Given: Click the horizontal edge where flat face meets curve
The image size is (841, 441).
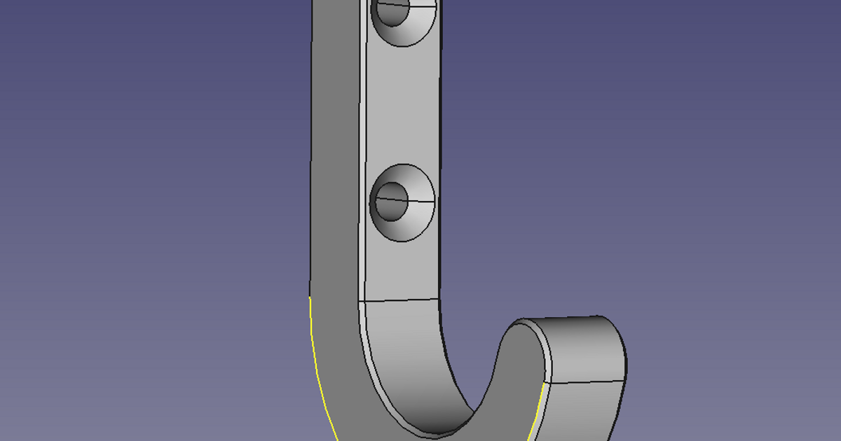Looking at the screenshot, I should (x=399, y=300).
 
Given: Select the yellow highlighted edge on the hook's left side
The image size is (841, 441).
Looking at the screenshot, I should (x=315, y=357).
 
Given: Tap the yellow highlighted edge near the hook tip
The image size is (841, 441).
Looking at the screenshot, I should (x=540, y=409).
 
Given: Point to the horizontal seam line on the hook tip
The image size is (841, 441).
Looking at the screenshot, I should (x=585, y=382).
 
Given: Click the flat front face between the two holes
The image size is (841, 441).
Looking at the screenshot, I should (x=403, y=112).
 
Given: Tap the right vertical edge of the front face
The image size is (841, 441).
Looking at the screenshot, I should (x=439, y=140).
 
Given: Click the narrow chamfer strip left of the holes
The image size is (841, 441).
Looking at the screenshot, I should (x=362, y=140).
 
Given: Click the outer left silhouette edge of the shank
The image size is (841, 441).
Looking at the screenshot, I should (x=311, y=175).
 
